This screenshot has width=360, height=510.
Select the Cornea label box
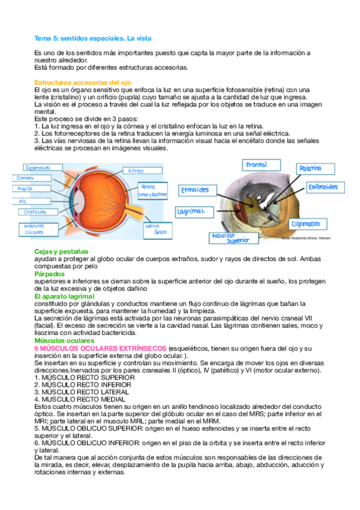[x=26, y=178]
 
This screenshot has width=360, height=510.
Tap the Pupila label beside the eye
[x=26, y=188]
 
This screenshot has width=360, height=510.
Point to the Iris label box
[x=23, y=200]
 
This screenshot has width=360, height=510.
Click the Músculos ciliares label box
[x=35, y=229]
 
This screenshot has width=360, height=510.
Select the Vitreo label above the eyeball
[x=136, y=171]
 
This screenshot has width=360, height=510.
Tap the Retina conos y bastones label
[x=152, y=191]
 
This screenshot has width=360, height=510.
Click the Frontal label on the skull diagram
[x=257, y=165]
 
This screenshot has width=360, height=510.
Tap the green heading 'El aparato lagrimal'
[x=64, y=296]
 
